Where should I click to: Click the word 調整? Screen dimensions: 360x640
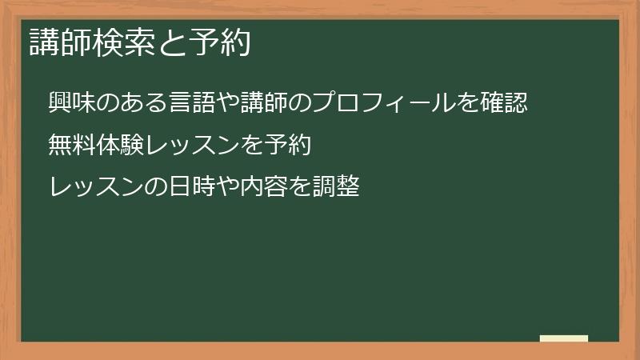pyautogui.click(x=334, y=188)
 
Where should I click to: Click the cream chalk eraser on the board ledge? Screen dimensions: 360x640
pyautogui.click(x=564, y=338)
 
